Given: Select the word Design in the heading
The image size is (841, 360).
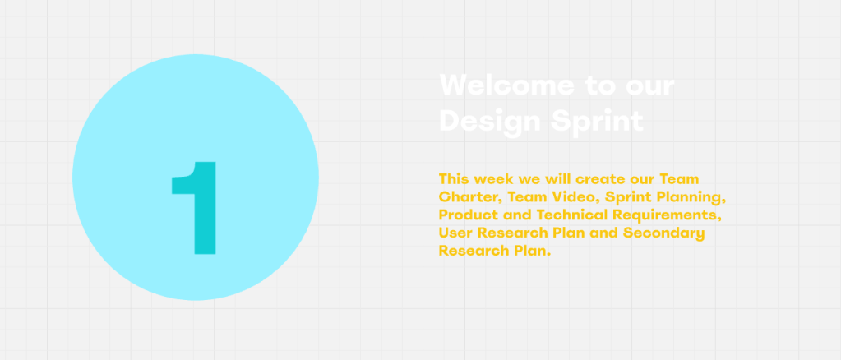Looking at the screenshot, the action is point(490,122).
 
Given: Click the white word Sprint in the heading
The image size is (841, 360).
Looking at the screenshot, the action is point(597,122).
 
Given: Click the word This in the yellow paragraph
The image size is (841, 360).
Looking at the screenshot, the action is point(455,178).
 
